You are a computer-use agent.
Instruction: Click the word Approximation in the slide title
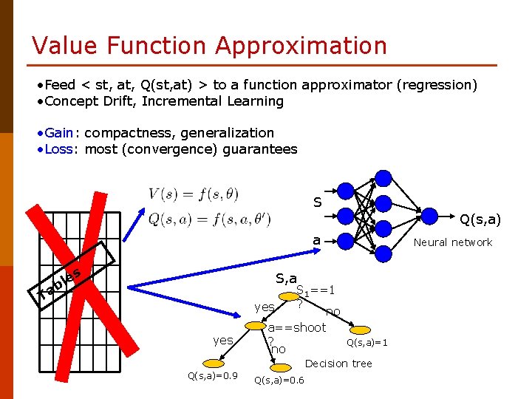tap(301, 46)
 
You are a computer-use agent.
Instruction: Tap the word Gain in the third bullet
tap(58, 133)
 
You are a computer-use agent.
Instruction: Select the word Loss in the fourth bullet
tap(58, 149)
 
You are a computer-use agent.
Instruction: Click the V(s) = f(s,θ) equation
tap(194, 195)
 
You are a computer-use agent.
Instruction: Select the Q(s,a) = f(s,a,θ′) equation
tap(199, 219)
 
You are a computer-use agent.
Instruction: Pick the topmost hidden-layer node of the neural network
tap(383, 178)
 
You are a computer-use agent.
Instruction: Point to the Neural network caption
tap(452, 242)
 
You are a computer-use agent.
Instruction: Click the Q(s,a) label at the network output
tap(480, 219)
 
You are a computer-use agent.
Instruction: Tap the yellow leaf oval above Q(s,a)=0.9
tap(213, 364)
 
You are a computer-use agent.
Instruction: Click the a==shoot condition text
tap(296, 327)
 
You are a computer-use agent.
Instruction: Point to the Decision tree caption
tap(338, 364)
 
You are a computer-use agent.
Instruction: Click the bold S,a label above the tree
tap(287, 278)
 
